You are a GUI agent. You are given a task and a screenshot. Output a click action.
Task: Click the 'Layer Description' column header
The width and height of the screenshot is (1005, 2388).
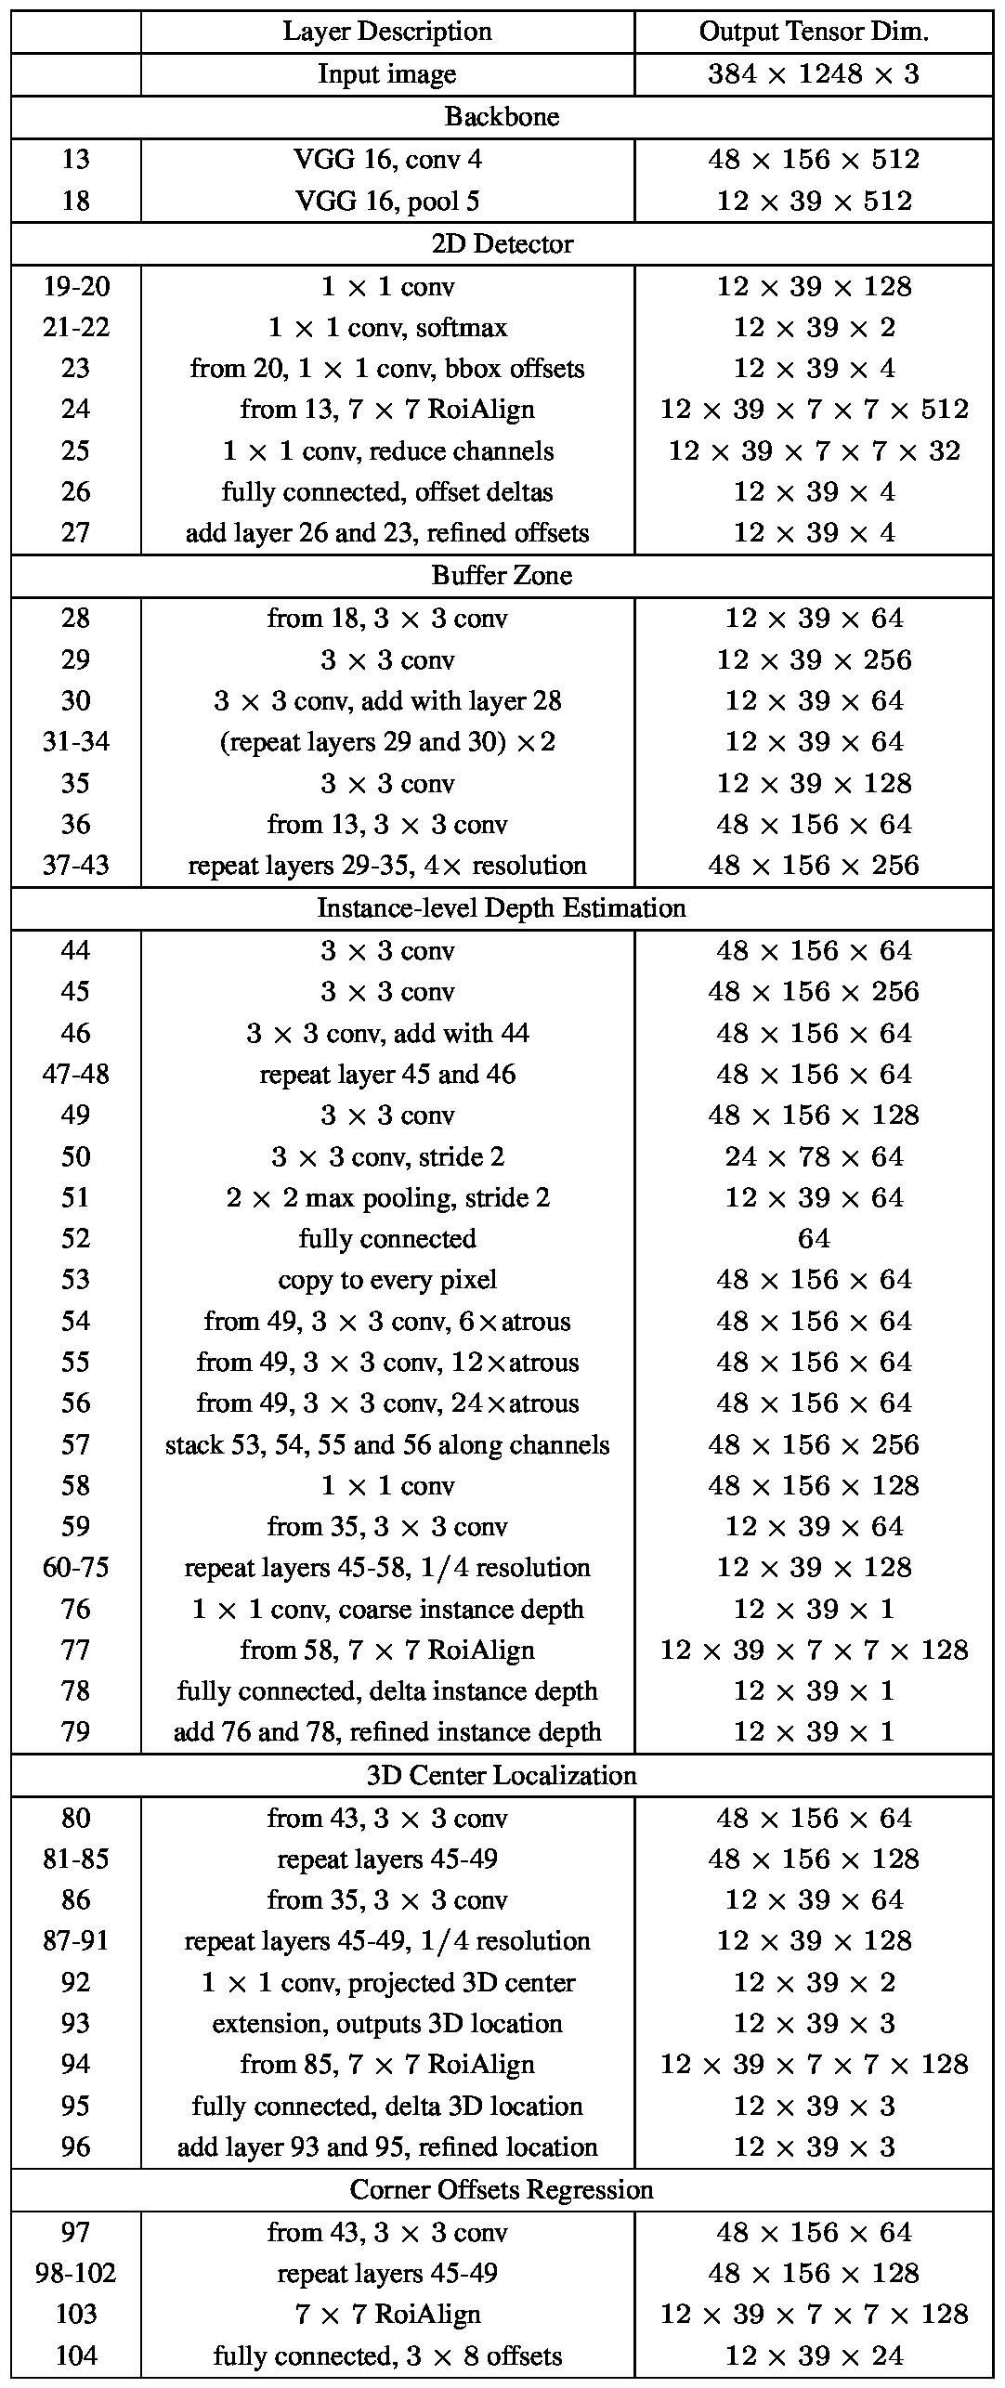click(387, 32)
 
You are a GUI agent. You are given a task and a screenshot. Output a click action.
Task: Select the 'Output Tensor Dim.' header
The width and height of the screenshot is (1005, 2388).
click(814, 32)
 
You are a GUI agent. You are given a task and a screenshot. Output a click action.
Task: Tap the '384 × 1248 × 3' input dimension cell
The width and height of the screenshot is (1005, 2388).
click(814, 74)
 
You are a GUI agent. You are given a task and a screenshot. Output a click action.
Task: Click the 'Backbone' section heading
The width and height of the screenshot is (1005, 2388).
click(502, 117)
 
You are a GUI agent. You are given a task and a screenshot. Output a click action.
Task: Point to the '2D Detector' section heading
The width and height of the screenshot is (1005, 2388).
click(502, 244)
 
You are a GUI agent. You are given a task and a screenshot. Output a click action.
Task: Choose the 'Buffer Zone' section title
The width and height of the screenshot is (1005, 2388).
click(502, 576)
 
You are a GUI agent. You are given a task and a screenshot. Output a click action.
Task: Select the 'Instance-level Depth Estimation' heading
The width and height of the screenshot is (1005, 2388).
click(502, 907)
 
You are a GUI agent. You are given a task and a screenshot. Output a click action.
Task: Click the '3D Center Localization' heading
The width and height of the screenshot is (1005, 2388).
click(502, 1775)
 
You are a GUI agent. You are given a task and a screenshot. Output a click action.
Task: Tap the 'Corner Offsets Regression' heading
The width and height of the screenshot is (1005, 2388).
click(502, 2189)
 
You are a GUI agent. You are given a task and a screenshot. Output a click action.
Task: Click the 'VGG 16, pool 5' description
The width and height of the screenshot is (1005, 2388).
click(387, 202)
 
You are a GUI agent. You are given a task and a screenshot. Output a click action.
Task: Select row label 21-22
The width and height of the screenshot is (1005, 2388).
click(76, 328)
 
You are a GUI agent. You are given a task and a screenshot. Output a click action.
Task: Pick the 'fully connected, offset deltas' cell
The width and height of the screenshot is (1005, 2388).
click(387, 491)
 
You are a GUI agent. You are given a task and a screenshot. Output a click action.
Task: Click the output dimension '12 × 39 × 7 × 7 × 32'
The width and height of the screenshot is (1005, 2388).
click(814, 450)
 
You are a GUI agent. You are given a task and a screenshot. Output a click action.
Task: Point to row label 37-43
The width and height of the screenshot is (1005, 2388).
click(76, 866)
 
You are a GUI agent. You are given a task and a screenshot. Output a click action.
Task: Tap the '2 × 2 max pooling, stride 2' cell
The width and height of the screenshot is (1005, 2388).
click(387, 1197)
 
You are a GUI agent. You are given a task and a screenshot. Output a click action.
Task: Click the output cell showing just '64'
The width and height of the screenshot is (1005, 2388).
click(814, 1238)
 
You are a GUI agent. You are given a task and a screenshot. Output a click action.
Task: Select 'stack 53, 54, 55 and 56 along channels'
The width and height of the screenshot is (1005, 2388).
click(387, 1444)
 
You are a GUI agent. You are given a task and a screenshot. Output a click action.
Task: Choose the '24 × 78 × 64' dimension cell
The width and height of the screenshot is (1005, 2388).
click(814, 1156)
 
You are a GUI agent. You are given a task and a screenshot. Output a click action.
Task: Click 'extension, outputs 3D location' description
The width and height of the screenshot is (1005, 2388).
click(387, 2023)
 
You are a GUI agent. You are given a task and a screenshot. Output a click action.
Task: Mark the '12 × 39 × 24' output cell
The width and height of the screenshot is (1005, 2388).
click(814, 2355)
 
